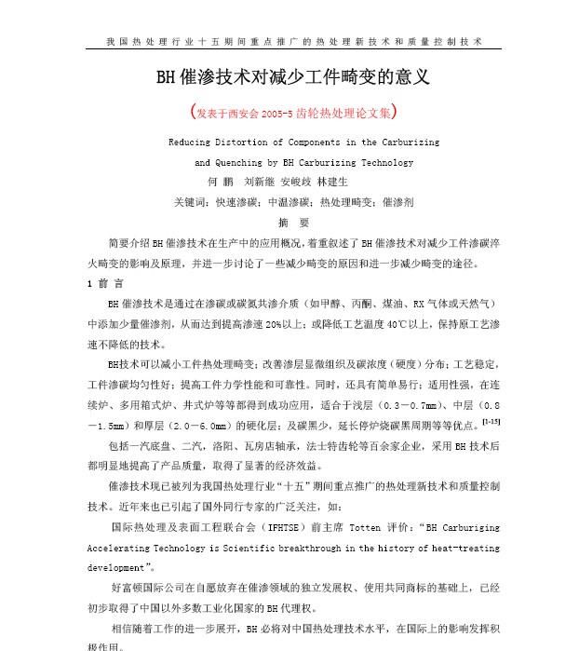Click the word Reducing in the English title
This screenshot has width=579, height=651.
coord(190,142)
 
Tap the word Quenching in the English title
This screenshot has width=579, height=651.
coord(230,162)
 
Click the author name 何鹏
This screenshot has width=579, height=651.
coord(217,182)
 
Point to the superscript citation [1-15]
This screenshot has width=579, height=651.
coord(491,422)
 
